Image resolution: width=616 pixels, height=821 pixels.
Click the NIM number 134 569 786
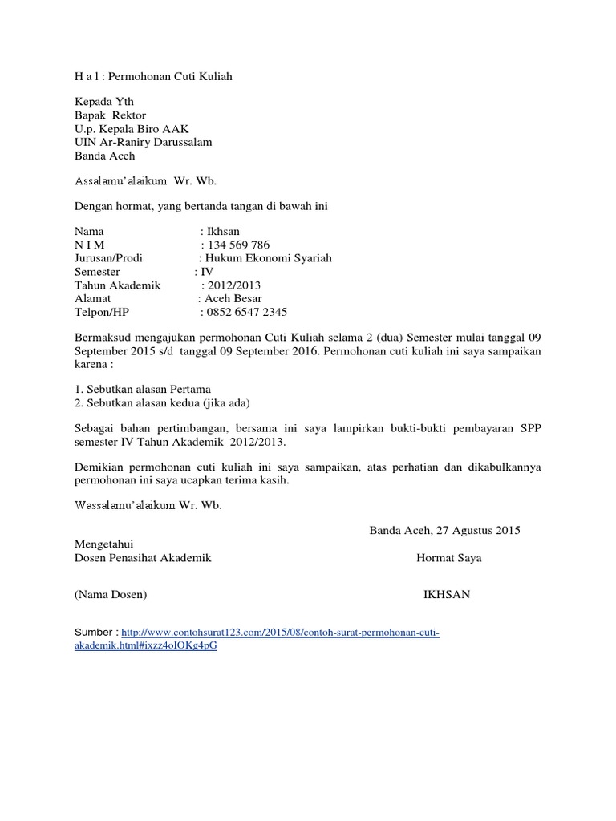pos(238,245)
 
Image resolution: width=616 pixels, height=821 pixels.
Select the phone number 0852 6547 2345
pos(247,312)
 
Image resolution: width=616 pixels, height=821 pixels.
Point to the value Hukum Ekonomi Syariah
pos(269,258)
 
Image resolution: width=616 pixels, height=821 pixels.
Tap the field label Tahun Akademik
pos(118,285)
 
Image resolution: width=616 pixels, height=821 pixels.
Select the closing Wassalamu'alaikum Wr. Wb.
pos(148,506)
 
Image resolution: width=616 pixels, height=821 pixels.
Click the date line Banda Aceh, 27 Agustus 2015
pos(444,530)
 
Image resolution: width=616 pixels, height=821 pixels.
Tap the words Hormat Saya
pos(448,557)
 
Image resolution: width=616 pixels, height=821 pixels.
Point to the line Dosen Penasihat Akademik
pos(143,557)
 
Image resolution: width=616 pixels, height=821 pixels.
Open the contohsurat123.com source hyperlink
pos(280,633)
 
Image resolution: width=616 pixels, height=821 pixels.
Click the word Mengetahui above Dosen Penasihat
pos(104,544)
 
